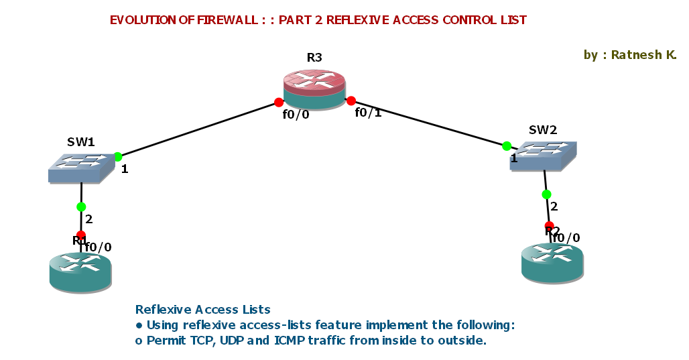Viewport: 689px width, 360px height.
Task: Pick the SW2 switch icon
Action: tap(542, 156)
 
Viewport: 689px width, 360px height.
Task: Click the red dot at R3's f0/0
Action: tap(279, 103)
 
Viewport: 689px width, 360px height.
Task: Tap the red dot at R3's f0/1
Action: tap(351, 101)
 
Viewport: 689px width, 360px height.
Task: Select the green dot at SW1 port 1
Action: tap(118, 157)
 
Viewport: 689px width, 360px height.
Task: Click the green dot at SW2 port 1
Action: tap(507, 145)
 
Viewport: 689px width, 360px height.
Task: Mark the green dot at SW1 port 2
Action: tap(81, 206)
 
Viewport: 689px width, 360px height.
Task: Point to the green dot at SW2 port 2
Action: tap(546, 194)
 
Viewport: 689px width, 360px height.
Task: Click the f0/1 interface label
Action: tap(368, 113)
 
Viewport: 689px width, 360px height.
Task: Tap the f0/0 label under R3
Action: tap(296, 115)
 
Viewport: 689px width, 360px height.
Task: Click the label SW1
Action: tap(80, 142)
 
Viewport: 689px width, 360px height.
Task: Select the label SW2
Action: tap(543, 130)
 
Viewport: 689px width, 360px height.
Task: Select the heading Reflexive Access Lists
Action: tap(202, 310)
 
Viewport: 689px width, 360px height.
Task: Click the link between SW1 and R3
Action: tap(198, 129)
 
